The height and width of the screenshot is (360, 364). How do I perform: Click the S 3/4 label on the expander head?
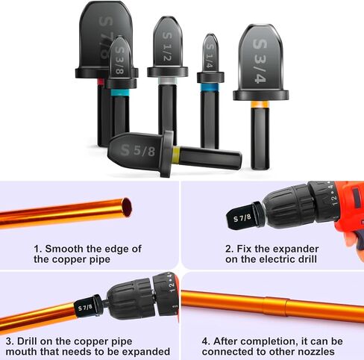point(260,61)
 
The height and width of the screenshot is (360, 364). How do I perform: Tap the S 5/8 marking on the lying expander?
point(138,150)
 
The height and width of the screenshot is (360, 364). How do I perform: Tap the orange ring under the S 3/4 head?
point(260,105)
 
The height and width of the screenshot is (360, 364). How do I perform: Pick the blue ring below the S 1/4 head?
point(210,87)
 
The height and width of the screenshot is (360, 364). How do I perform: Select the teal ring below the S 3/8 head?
point(120,93)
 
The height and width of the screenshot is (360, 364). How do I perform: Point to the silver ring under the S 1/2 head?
point(167,81)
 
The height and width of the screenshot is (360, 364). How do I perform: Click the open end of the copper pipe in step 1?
point(127,207)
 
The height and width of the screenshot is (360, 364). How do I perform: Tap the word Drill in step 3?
point(27,341)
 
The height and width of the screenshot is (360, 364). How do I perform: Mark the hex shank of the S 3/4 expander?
point(260,138)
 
